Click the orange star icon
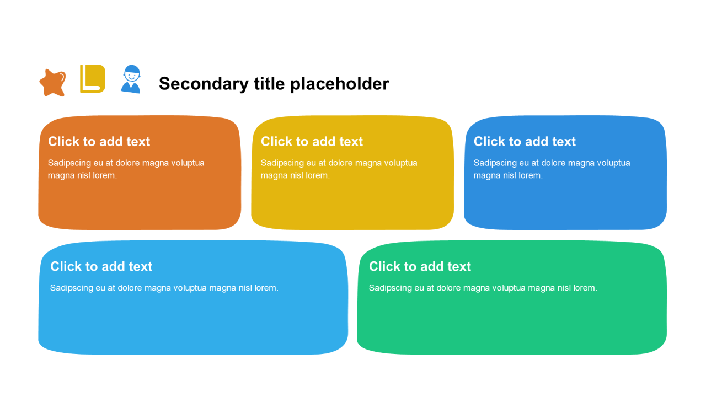click(x=52, y=83)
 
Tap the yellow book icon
click(x=92, y=79)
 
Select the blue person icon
click(x=131, y=79)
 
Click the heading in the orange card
click(x=99, y=142)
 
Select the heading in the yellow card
click(x=312, y=142)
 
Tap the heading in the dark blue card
click(x=525, y=142)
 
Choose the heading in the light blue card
click(x=101, y=266)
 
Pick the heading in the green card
click(x=420, y=266)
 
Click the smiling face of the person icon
click(x=131, y=76)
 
